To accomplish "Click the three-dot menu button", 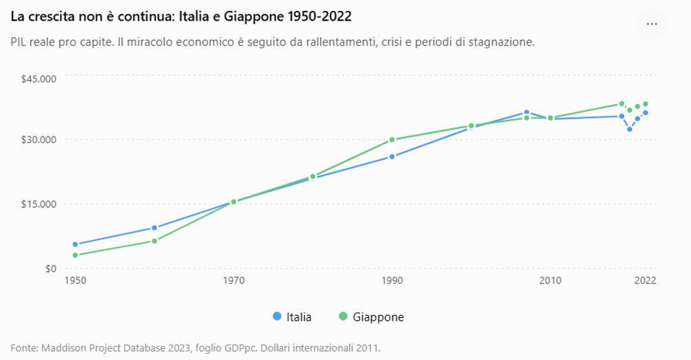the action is pos(651,24).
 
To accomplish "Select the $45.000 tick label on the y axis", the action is pos(39,79).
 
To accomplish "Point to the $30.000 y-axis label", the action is pos(39,140).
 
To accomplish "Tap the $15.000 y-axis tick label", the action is pos(39,204).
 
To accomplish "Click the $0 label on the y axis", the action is pos(50,268).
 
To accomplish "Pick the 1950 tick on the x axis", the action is pos(75,280).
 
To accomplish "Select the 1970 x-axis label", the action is pos(233,280).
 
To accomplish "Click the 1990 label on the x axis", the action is pos(392,280).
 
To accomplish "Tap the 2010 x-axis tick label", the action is pos(551,280).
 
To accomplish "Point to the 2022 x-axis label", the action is pos(645,280).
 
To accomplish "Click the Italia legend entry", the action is pos(293,317).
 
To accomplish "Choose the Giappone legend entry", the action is pos(371,317).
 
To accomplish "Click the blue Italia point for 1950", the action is pos(75,244).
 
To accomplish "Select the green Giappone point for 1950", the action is pos(75,255).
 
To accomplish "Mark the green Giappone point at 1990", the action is pos(392,140).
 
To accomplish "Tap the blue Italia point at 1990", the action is pos(392,156).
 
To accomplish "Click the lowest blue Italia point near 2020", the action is pos(629,129).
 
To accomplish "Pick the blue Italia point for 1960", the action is pos(154,228).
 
